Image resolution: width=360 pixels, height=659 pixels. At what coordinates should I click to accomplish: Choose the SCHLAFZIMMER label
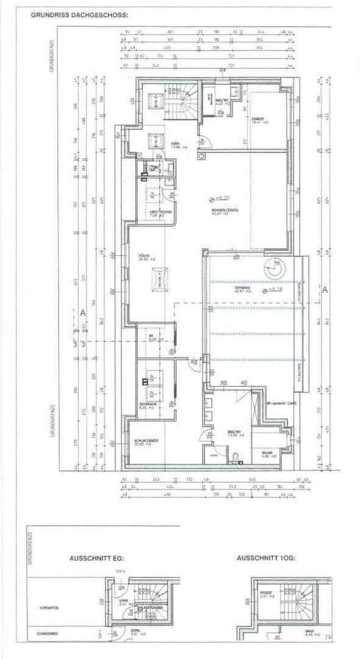tap(147, 442)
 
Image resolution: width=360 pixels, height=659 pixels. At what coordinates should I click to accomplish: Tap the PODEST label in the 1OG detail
tap(264, 591)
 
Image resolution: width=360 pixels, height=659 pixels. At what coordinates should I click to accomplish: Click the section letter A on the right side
tap(325, 291)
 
